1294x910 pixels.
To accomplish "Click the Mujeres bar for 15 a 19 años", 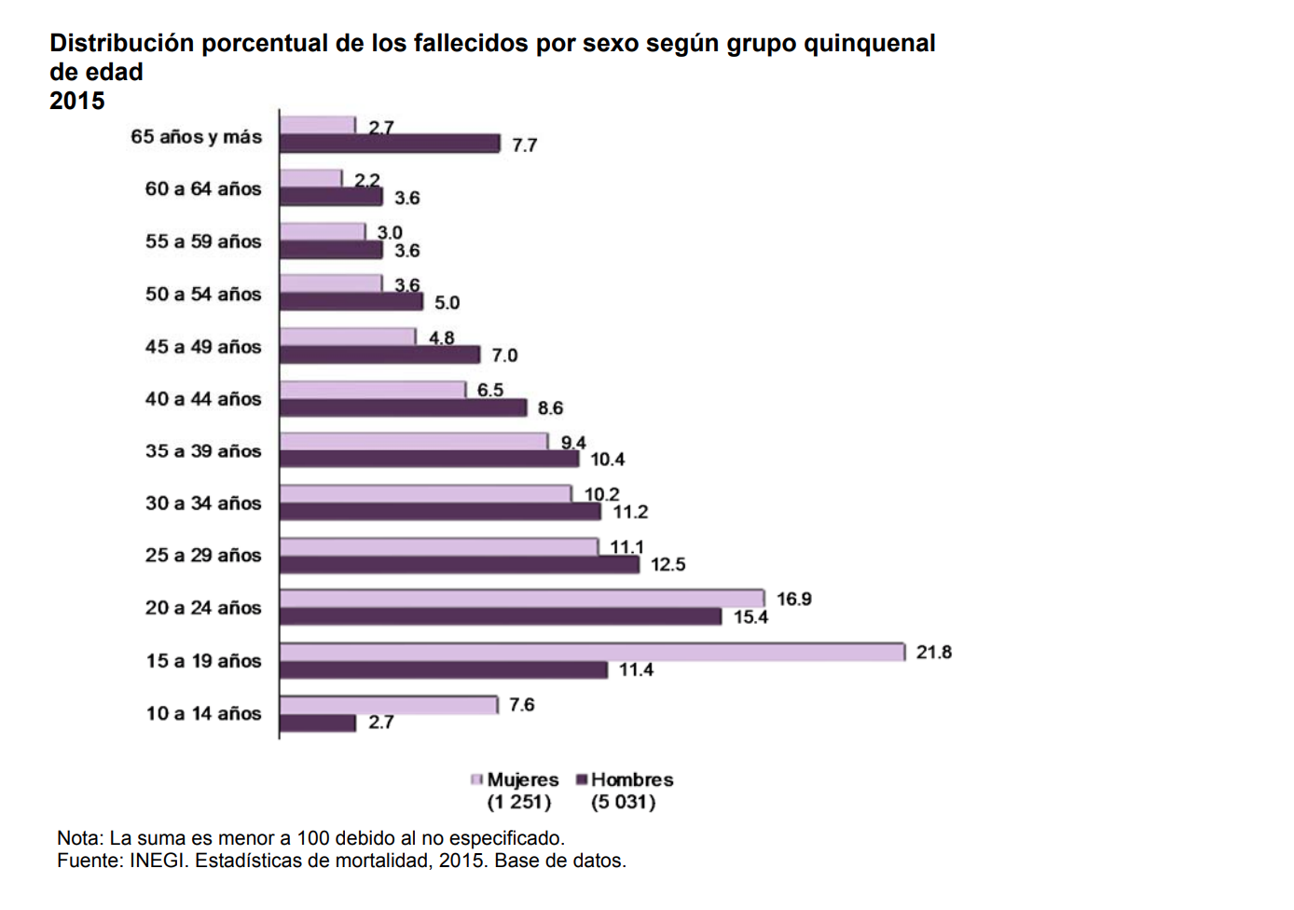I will click(592, 652).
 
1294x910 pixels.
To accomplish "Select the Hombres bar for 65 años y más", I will click(390, 143).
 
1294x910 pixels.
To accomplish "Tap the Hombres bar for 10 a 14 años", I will click(318, 723).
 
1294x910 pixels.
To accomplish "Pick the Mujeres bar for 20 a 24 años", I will click(522, 599).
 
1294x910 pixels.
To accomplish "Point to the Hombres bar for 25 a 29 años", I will click(460, 564).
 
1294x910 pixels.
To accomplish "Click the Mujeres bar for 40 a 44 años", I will click(373, 390).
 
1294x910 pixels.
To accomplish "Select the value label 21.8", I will click(933, 652).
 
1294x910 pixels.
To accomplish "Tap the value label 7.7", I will click(524, 145).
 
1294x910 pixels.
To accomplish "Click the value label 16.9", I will click(793, 599).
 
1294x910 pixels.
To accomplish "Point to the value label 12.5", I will click(668, 564).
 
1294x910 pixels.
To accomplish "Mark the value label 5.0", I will click(447, 302).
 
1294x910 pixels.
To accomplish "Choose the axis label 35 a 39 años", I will click(203, 450).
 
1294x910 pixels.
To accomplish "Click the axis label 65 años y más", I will click(196, 136).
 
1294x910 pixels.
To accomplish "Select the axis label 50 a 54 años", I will click(203, 294).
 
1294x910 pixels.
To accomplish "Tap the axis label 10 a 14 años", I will click(203, 713).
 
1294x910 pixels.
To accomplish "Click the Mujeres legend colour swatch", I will click(477, 779).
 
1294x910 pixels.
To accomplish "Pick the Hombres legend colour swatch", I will click(582, 779).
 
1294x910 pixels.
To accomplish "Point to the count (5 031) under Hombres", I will click(623, 802).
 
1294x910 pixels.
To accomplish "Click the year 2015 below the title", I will click(77, 101).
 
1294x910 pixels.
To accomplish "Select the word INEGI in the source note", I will click(156, 861).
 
